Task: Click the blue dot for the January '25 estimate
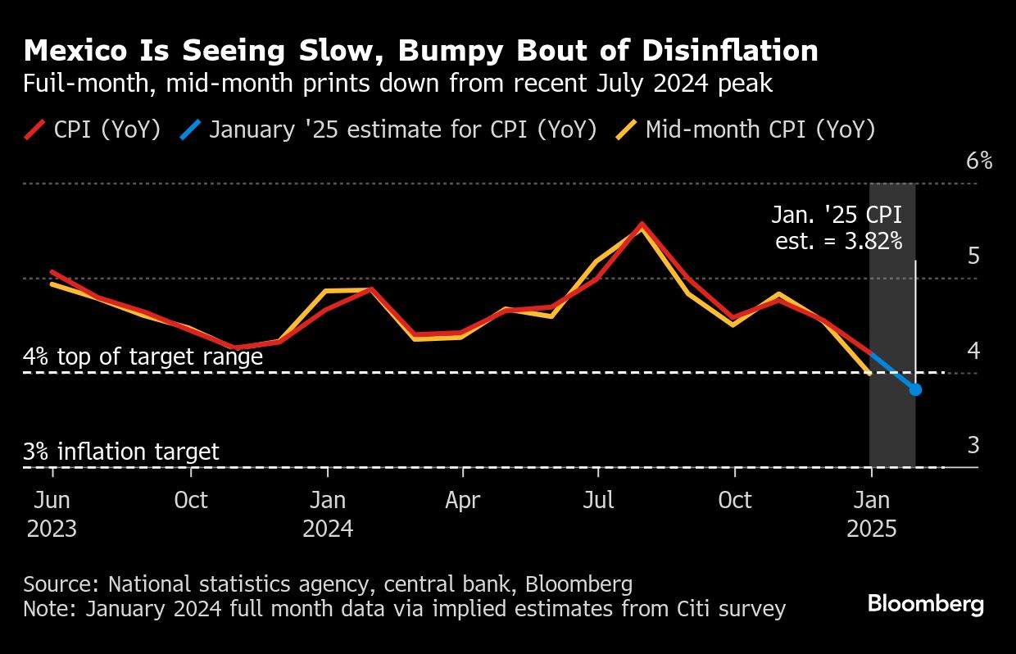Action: [915, 389]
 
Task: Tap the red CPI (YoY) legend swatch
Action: [35, 129]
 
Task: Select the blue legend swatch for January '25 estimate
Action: [190, 129]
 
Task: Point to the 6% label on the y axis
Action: [979, 161]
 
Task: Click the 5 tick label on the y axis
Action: [973, 257]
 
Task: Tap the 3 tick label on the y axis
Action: [973, 446]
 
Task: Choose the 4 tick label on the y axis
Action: [973, 351]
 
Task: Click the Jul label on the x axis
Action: [599, 501]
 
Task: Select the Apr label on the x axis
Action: [463, 501]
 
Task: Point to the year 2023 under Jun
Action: [52, 529]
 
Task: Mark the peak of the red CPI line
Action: [642, 224]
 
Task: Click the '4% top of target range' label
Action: [143, 357]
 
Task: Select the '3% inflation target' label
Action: [121, 452]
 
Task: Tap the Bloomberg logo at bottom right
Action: [925, 605]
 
